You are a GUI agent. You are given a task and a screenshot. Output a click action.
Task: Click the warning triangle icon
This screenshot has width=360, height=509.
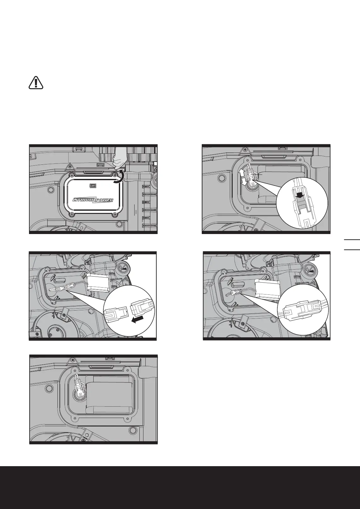pos(36,83)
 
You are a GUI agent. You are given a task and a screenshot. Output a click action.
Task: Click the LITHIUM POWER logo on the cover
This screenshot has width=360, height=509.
pos(93,200)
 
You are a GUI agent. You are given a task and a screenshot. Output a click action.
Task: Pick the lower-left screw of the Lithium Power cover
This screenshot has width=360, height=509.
pos(73,214)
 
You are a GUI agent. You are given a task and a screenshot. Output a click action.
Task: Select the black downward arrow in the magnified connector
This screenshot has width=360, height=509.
pos(300,196)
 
